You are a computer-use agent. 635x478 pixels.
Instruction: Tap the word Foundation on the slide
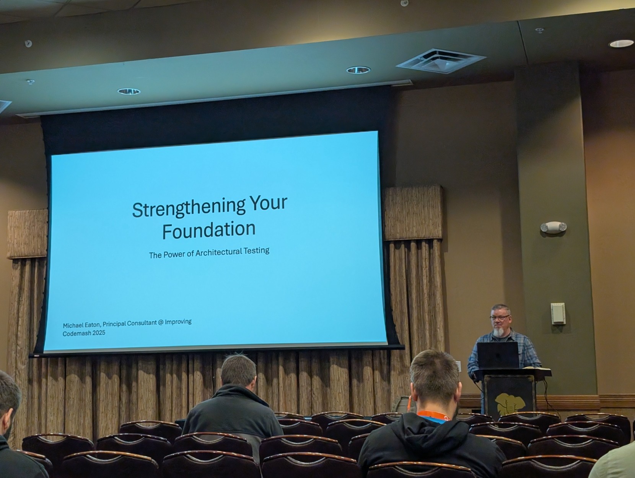[209, 230]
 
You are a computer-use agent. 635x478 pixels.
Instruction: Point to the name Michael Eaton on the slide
[81, 325]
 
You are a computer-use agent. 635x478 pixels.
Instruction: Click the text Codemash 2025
[84, 333]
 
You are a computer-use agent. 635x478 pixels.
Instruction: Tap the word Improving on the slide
[178, 322]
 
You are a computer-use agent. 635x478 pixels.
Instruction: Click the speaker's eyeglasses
[500, 317]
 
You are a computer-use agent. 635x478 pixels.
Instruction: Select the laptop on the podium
[498, 355]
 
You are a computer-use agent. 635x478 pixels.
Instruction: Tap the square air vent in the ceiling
[441, 61]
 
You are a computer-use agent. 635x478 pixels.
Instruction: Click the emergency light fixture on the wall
[554, 227]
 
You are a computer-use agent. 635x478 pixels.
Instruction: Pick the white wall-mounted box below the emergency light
[558, 314]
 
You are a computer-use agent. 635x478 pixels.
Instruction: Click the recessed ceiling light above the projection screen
[129, 91]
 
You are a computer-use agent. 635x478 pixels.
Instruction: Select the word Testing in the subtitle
[256, 250]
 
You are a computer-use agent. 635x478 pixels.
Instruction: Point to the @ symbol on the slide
[161, 322]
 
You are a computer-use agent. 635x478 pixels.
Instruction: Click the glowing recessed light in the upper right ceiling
[621, 43]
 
